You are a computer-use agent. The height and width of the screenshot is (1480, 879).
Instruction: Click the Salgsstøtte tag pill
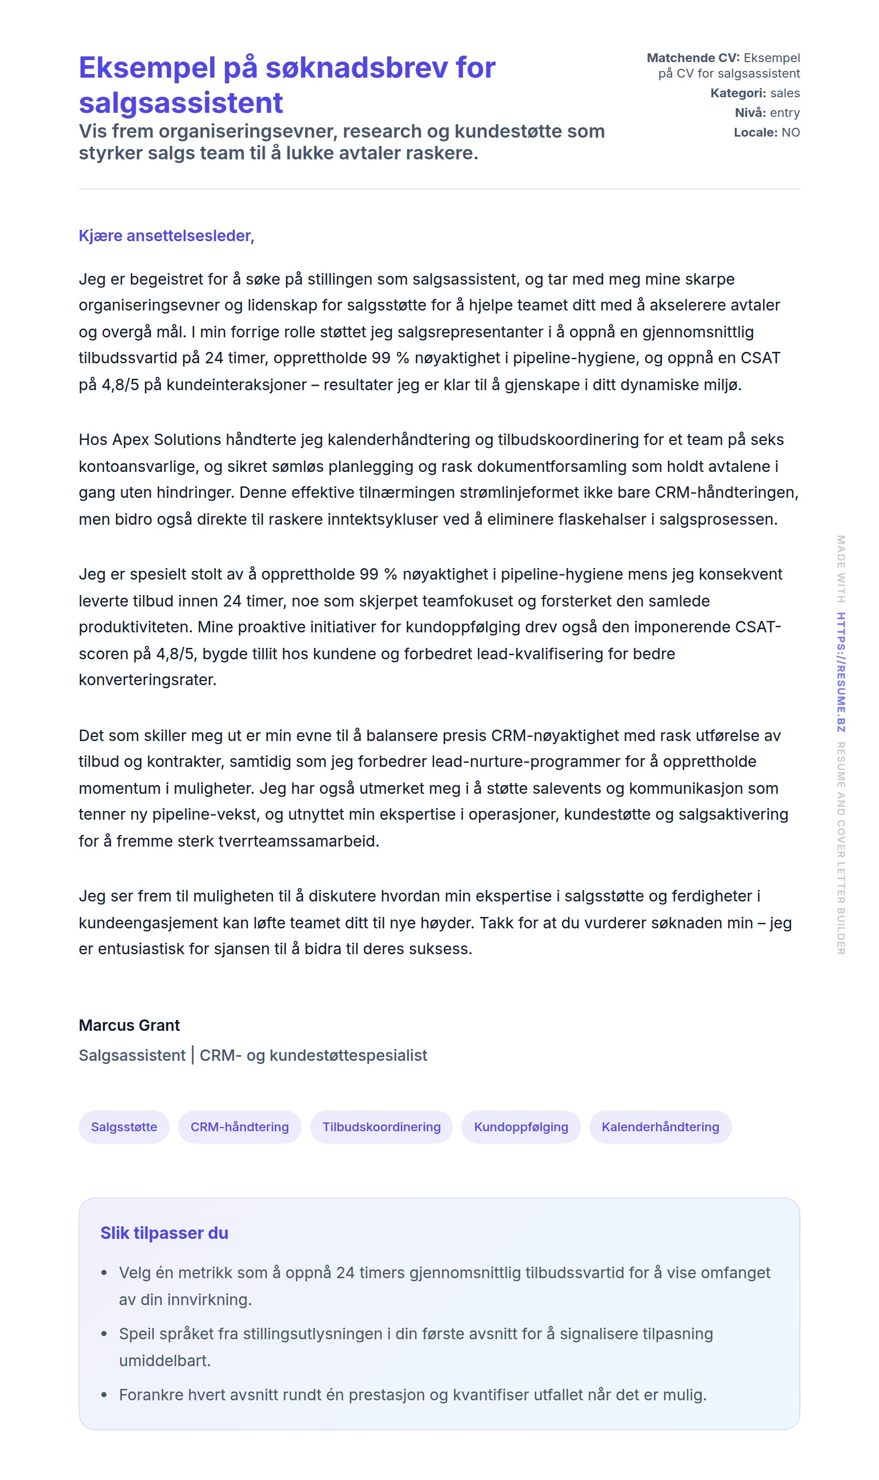(124, 1127)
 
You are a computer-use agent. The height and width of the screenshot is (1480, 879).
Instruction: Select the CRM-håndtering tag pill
(239, 1127)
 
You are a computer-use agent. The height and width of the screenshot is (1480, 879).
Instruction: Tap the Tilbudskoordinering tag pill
(382, 1127)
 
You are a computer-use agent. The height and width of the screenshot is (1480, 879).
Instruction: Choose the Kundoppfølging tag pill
(521, 1127)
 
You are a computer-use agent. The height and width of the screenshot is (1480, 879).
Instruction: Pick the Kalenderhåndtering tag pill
(660, 1127)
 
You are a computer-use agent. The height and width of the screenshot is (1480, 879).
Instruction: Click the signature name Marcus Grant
(129, 1025)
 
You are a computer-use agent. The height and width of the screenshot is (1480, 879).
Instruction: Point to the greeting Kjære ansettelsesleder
(166, 236)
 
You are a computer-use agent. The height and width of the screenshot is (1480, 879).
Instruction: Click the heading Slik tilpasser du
(164, 1233)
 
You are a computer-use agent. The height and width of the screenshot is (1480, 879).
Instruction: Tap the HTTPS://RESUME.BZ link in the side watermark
(841, 672)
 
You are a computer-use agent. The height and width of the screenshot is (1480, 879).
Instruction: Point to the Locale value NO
(790, 132)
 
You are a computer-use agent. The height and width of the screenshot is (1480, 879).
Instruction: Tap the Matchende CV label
(692, 58)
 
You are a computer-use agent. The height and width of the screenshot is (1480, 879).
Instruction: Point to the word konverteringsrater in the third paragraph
(147, 680)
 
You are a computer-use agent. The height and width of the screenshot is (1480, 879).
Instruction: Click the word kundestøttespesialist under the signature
(347, 1056)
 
